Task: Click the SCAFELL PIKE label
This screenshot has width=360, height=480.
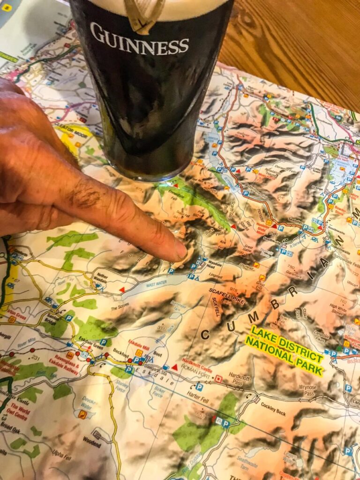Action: (227, 296)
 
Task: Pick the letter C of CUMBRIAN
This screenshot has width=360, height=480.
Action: (204, 334)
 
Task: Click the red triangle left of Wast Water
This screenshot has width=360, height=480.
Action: (122, 290)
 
